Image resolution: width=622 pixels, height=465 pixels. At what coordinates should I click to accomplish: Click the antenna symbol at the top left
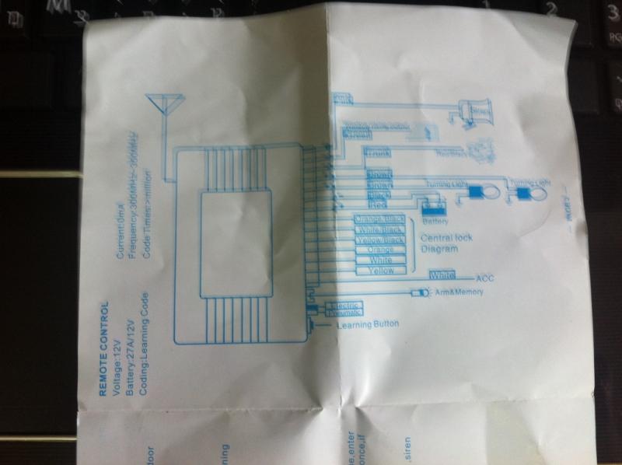166,104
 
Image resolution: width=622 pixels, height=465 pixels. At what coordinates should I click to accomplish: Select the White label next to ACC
442,275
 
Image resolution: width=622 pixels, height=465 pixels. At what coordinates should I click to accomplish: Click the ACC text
484,276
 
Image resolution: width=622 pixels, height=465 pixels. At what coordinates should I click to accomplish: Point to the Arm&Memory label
460,292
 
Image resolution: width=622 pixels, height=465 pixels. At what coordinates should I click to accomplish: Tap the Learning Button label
369,324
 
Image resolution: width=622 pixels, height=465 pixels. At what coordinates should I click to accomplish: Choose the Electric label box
343,306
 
